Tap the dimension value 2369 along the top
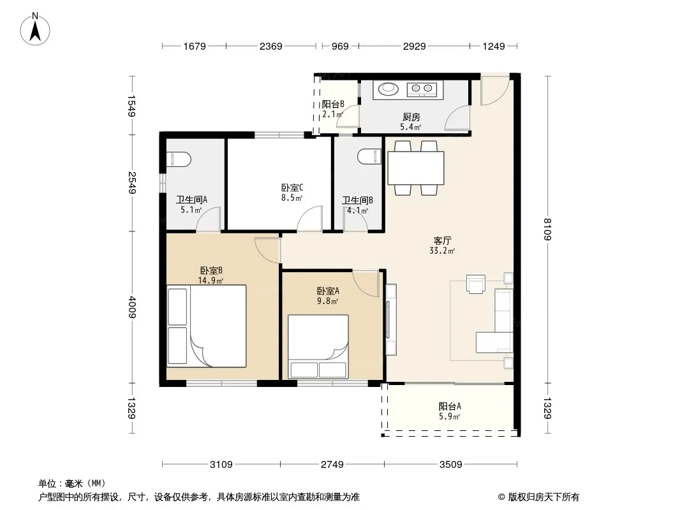pos(270,46)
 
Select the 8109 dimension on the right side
pos(547,229)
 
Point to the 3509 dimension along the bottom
pos(450,465)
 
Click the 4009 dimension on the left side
pos(132,307)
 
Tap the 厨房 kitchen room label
pos(411,117)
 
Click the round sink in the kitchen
pos(388,89)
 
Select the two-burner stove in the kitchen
pos(422,89)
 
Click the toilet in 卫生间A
pos(178,159)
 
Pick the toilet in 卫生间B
pos(370,156)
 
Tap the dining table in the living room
pos(415,168)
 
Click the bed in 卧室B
pos(207,326)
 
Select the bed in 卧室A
pos(318,346)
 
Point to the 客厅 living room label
pos(442,240)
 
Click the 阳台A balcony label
pos(450,407)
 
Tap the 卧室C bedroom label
pos(292,187)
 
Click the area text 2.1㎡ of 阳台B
pos(332,114)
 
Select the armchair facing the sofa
pos(476,284)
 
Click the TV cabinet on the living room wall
pos(391,320)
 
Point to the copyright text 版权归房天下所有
pos(543,497)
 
